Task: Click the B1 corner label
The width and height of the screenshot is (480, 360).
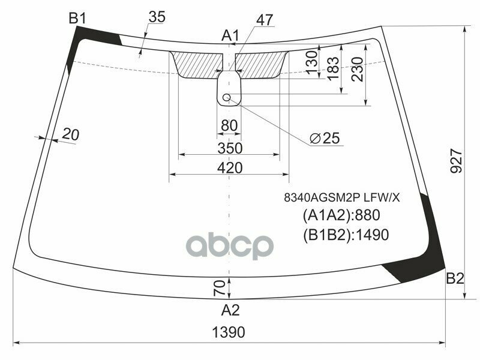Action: tap(77, 19)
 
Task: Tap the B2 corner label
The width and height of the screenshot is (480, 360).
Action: tap(455, 278)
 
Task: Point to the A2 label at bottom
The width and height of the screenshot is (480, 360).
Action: tap(230, 310)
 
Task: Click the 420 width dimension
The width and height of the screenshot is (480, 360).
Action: tap(229, 168)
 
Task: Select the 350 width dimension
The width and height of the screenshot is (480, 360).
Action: tap(229, 148)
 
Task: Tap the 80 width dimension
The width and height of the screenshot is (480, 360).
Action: tap(229, 126)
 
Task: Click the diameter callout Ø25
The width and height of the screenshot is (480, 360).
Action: tap(325, 139)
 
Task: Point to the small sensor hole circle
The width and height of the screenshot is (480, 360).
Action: tap(227, 97)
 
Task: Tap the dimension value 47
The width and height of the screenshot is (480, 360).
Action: tap(265, 20)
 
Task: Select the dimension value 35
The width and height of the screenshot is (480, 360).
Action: tap(156, 17)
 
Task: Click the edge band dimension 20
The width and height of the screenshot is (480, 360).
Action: tap(70, 135)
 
